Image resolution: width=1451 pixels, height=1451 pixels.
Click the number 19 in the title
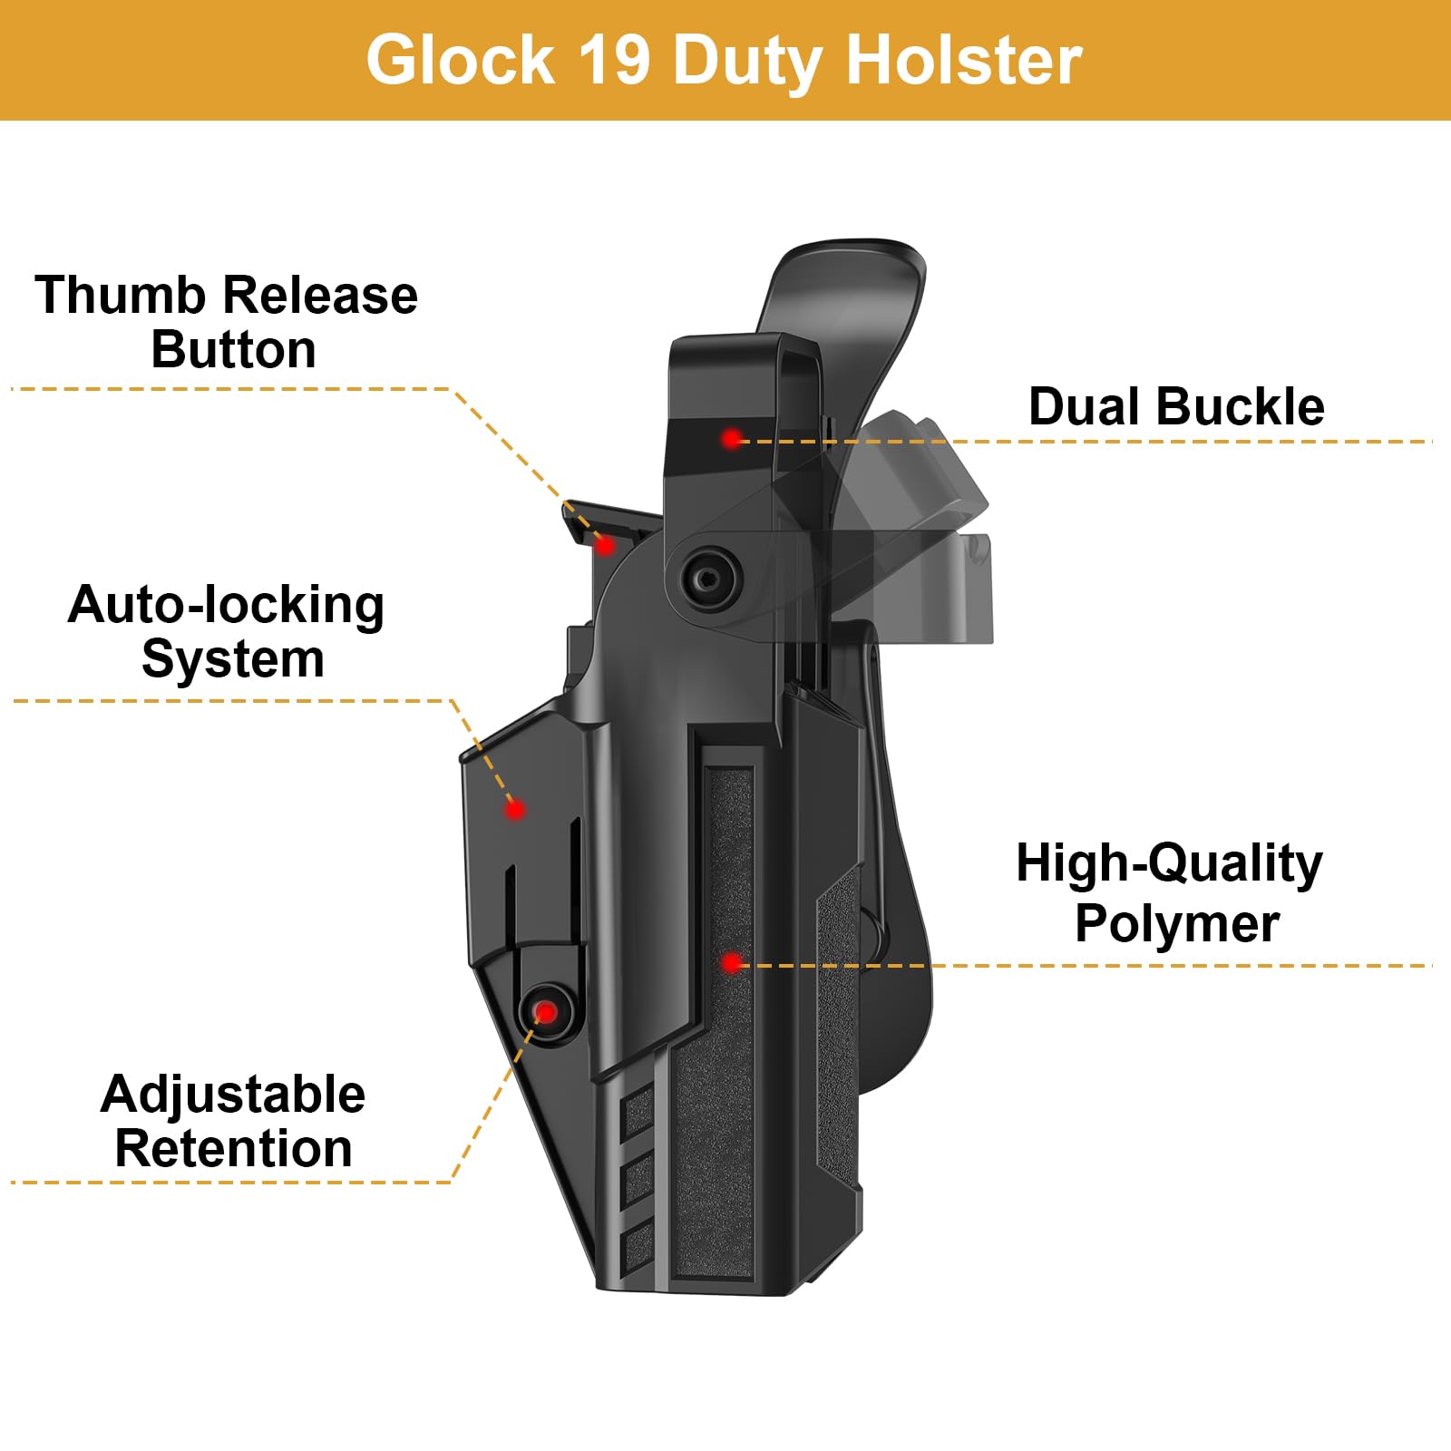613,60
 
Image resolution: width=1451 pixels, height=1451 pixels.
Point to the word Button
233,350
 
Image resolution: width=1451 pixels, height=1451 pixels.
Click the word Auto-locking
226,605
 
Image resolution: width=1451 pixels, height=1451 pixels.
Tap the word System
233,659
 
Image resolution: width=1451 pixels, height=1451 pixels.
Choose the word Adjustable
233,1094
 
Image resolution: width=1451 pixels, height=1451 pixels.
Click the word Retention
233,1149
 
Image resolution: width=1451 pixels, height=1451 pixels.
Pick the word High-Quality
1169,863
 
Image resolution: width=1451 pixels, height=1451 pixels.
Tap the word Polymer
1177,923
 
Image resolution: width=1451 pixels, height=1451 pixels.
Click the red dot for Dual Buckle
731,439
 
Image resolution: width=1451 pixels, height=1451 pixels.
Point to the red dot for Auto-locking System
515,808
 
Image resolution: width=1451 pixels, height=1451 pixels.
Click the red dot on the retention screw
546,1012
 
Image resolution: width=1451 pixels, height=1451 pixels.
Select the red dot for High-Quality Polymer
732,963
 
